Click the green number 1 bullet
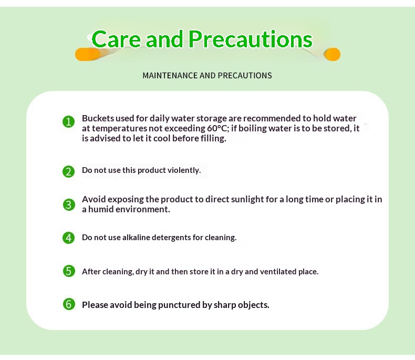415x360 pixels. [68, 121]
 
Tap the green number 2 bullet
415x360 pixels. [68, 171]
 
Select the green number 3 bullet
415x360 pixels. [69, 205]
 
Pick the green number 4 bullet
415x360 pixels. [68, 238]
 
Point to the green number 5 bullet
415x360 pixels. [69, 271]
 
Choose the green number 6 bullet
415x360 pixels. [69, 304]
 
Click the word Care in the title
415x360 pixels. [116, 39]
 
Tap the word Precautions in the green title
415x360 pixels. [251, 39]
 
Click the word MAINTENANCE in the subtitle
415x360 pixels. [170, 76]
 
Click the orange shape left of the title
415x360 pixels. [88, 54]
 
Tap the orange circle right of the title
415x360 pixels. [332, 55]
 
